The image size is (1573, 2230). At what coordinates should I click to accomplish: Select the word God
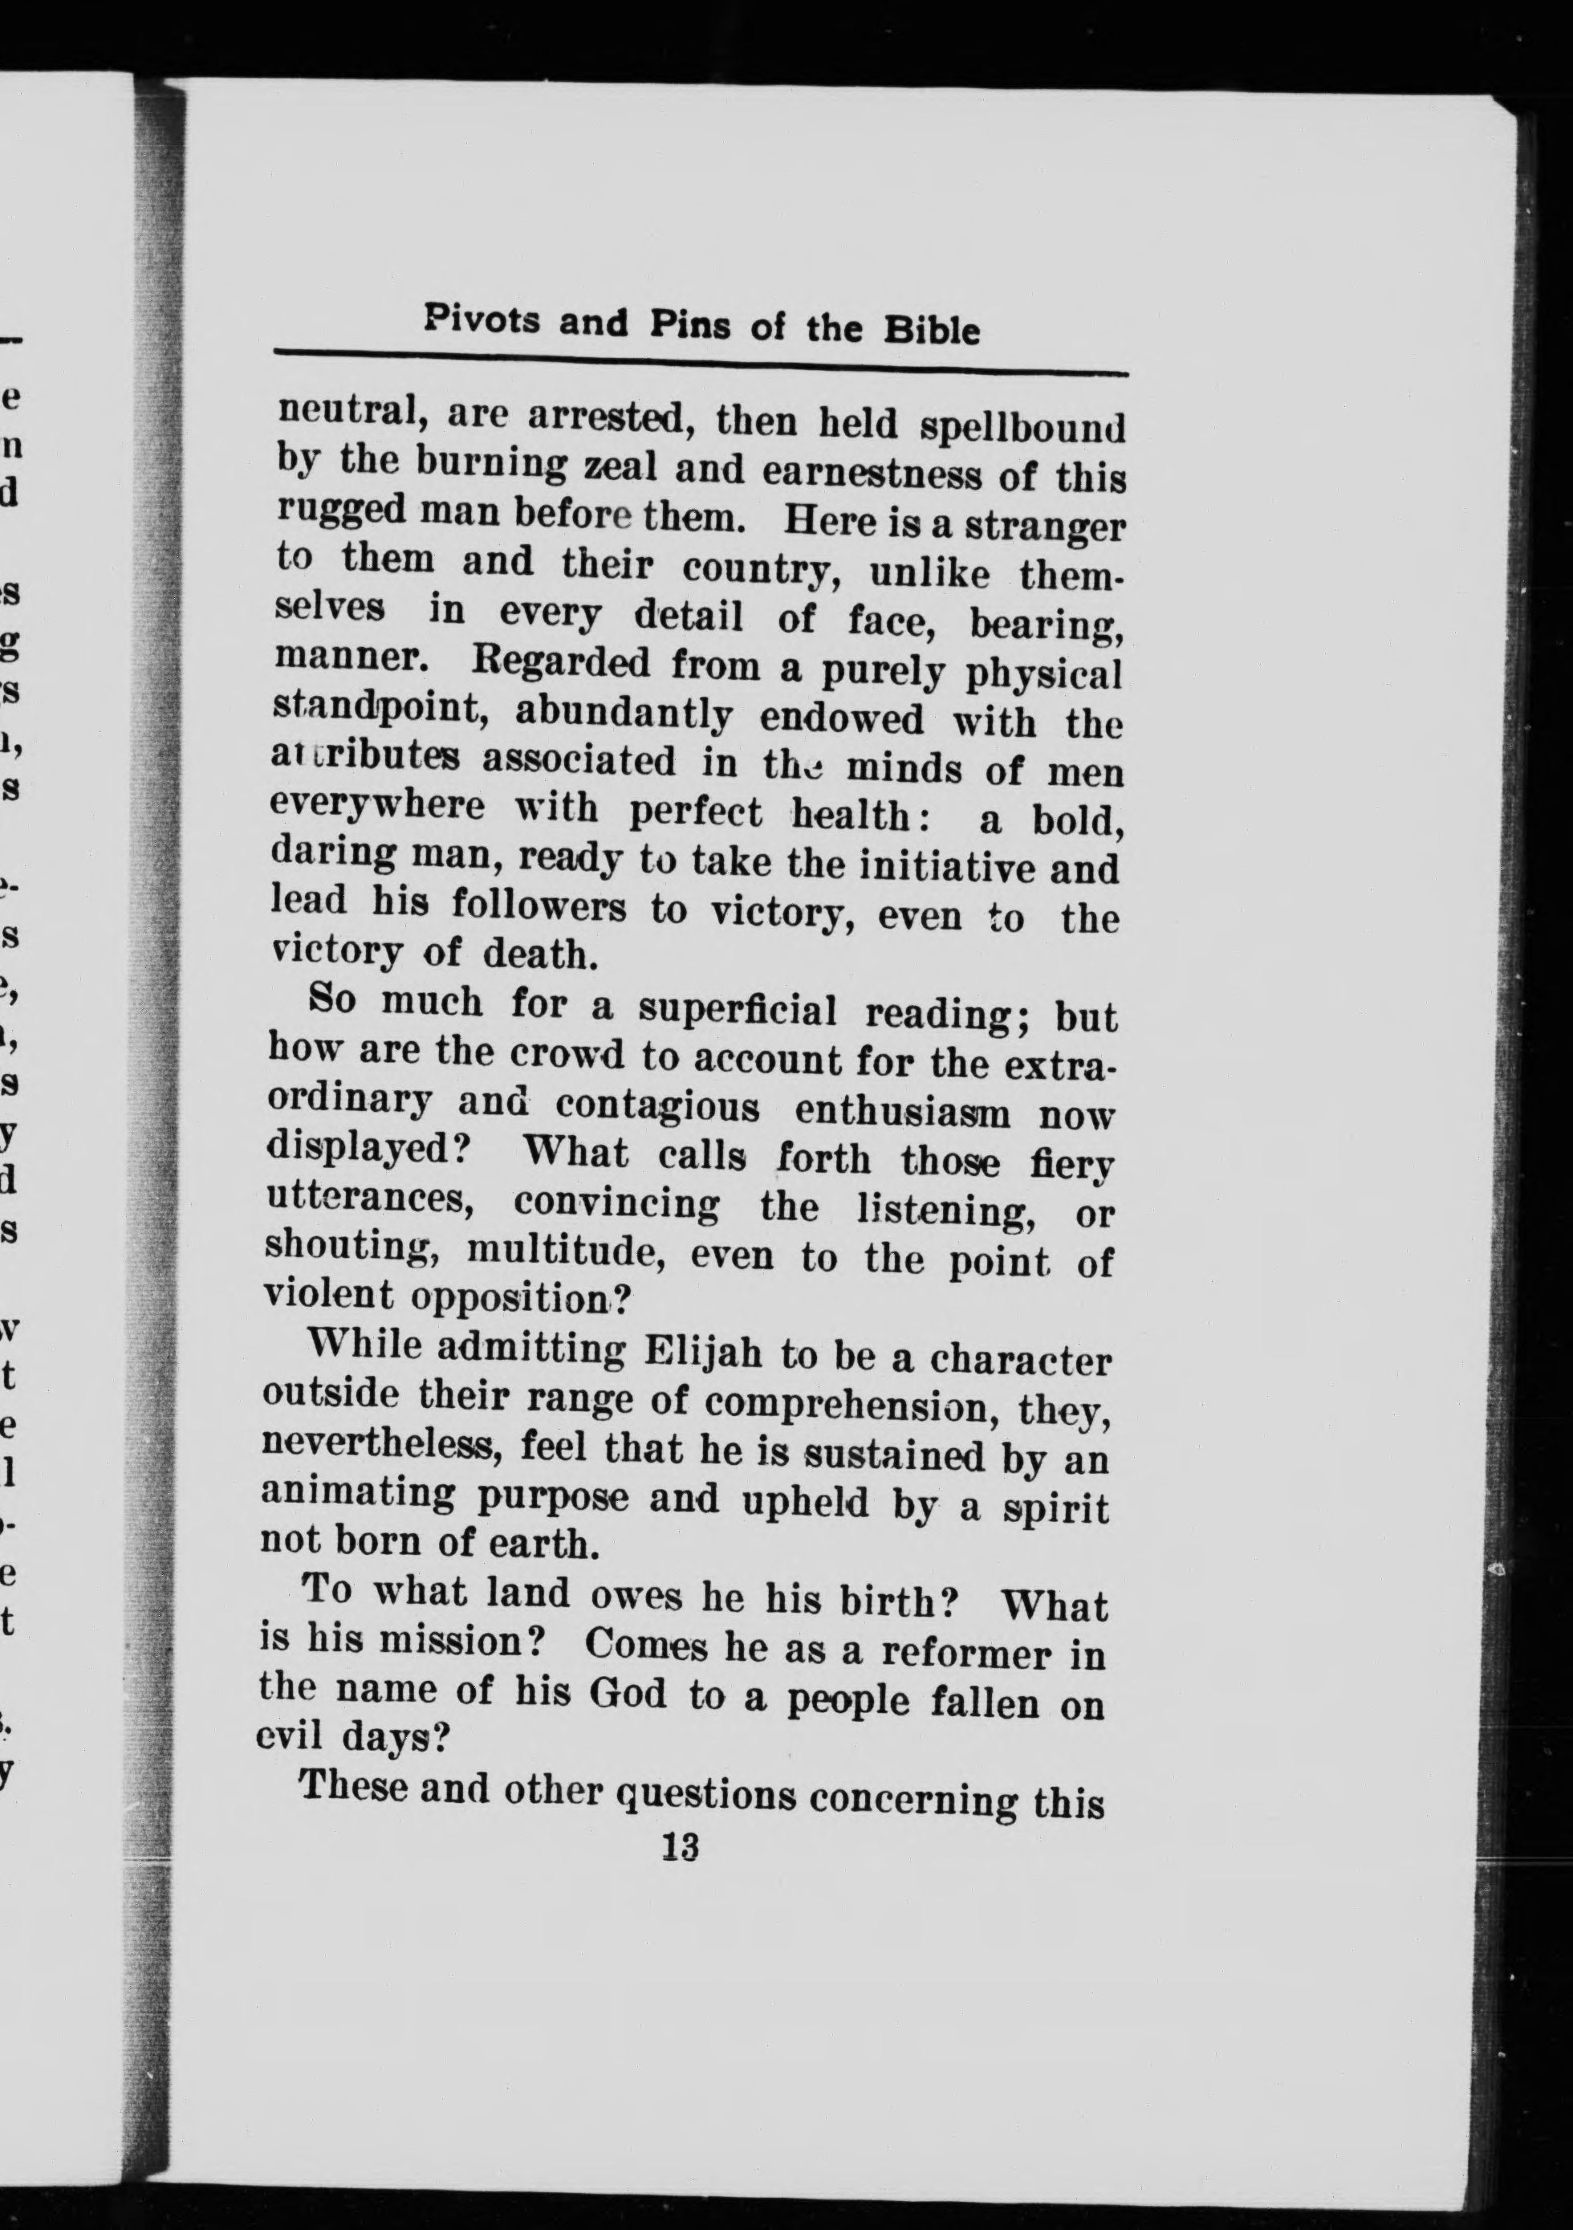click(x=629, y=1695)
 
